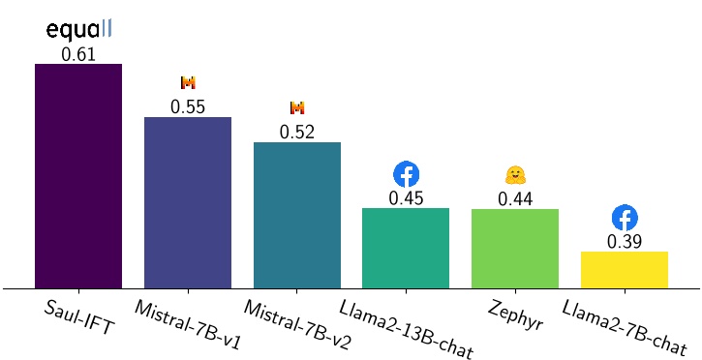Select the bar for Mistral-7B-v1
188,202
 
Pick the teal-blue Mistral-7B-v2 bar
297,215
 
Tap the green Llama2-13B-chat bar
406,248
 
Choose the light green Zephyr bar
515,249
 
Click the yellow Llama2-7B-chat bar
625,270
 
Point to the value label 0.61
78,54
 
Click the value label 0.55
188,107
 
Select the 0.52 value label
297,133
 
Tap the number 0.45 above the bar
406,198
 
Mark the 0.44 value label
515,199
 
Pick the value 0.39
625,242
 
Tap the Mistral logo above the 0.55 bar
188,83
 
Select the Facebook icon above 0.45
406,174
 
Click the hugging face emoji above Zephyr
515,175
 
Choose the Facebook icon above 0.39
625,218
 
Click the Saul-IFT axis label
78,317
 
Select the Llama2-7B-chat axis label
625,329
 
